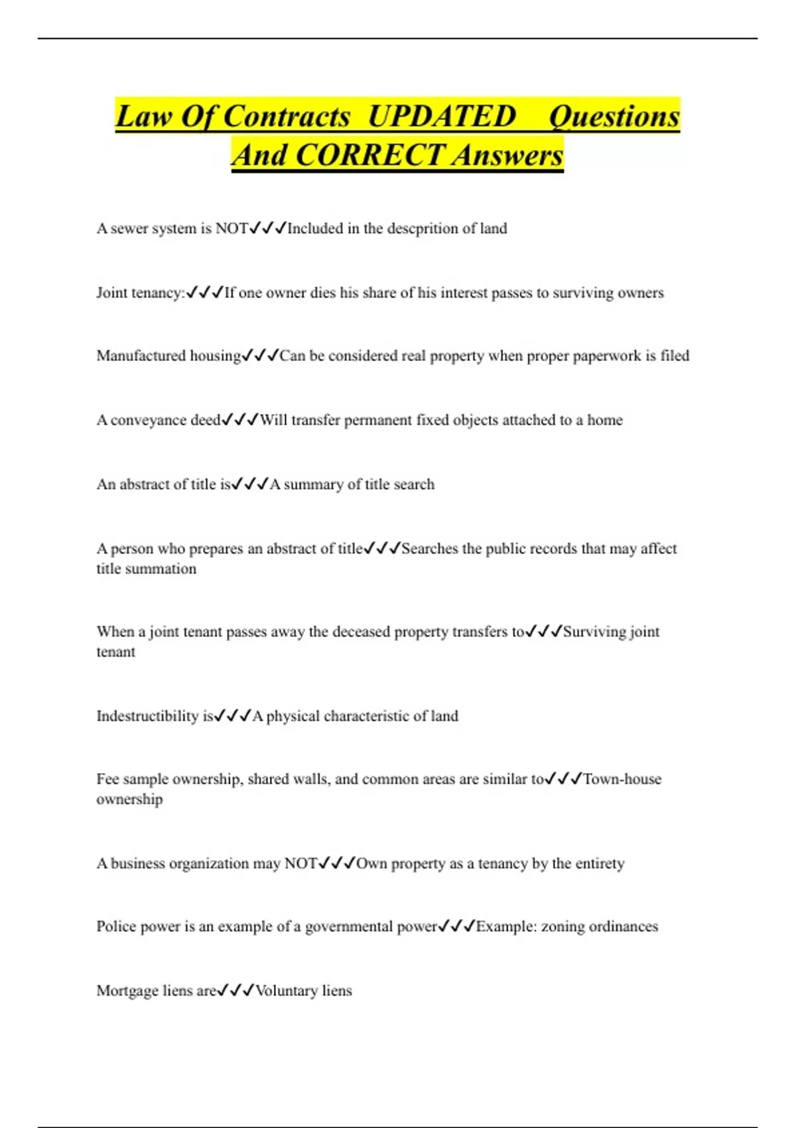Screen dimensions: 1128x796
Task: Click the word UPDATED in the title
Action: [x=441, y=117]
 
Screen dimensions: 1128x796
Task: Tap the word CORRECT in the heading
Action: [x=369, y=155]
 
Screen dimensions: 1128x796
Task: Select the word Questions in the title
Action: [x=614, y=117]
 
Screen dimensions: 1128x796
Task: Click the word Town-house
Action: [x=622, y=779]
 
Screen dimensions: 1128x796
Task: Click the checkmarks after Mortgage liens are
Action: [x=236, y=991]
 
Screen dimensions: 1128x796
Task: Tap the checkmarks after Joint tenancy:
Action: [x=205, y=293]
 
